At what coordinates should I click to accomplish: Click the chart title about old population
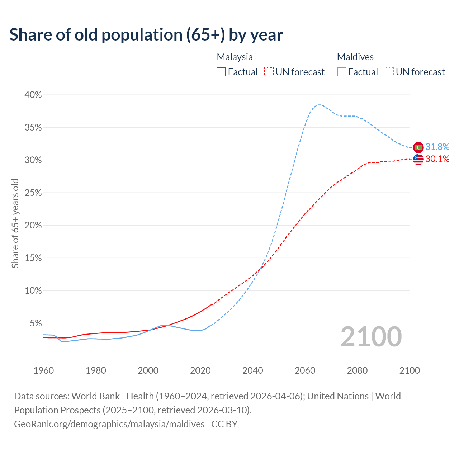pos(146,35)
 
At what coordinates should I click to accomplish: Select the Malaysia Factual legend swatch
pos(221,72)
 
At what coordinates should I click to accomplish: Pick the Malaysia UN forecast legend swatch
pos(269,72)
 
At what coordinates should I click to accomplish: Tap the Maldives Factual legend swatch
pos(342,72)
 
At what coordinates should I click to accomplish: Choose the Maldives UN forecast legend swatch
pos(389,72)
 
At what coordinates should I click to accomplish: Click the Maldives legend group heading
pos(355,57)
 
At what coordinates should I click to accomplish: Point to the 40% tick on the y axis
pos(33,95)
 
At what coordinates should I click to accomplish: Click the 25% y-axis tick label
pos(33,193)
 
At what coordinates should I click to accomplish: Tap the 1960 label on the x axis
pos(44,370)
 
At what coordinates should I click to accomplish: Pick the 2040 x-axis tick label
pos(253,370)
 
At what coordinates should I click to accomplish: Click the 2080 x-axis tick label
pos(358,370)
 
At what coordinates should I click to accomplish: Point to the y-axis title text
pos(15,223)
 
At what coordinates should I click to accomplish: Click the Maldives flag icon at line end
pos(418,147)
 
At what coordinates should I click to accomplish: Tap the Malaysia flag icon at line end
pos(418,159)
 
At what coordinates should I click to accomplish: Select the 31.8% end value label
pos(437,147)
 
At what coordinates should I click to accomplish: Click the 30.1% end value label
pos(437,159)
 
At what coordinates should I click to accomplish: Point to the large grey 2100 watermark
pos(371,337)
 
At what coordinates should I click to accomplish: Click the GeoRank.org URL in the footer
pos(109,424)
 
